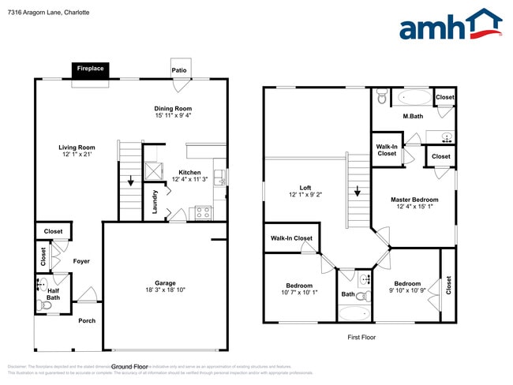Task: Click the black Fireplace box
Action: click(90, 69)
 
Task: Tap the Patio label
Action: click(180, 70)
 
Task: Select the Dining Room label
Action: click(173, 109)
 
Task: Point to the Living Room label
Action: click(77, 147)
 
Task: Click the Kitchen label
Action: click(189, 172)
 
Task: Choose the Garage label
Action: click(165, 282)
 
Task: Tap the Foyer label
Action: click(82, 261)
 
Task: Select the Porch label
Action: click(87, 320)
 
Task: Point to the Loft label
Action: click(305, 188)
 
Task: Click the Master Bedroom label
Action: click(414, 200)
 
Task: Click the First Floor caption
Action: click(362, 337)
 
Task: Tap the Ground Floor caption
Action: click(129, 367)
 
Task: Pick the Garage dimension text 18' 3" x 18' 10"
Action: click(165, 290)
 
